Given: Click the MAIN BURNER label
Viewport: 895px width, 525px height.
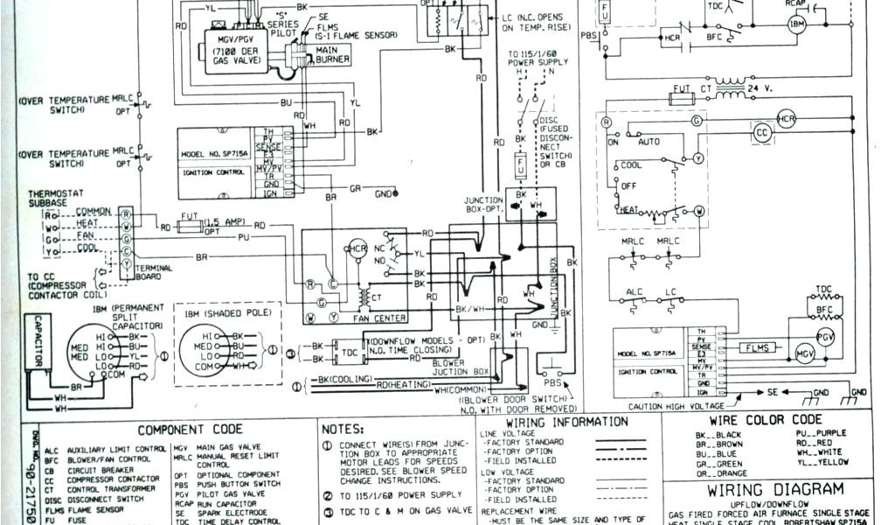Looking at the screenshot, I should tap(333, 53).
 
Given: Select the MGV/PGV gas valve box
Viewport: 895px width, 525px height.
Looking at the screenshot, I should tap(235, 50).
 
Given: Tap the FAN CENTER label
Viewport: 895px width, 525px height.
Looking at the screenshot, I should tap(379, 318).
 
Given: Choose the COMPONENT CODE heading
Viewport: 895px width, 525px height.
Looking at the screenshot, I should tap(191, 430).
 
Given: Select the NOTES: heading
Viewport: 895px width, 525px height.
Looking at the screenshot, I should tap(343, 430).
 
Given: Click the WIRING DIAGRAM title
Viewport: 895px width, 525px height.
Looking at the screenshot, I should tap(775, 489).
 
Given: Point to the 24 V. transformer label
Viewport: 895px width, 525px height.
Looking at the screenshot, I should tap(760, 89).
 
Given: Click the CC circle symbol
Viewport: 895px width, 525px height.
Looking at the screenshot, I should tap(763, 132).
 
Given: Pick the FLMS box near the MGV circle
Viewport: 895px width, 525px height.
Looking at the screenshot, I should tap(756, 348).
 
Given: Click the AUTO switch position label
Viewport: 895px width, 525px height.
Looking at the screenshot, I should tap(650, 140).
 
